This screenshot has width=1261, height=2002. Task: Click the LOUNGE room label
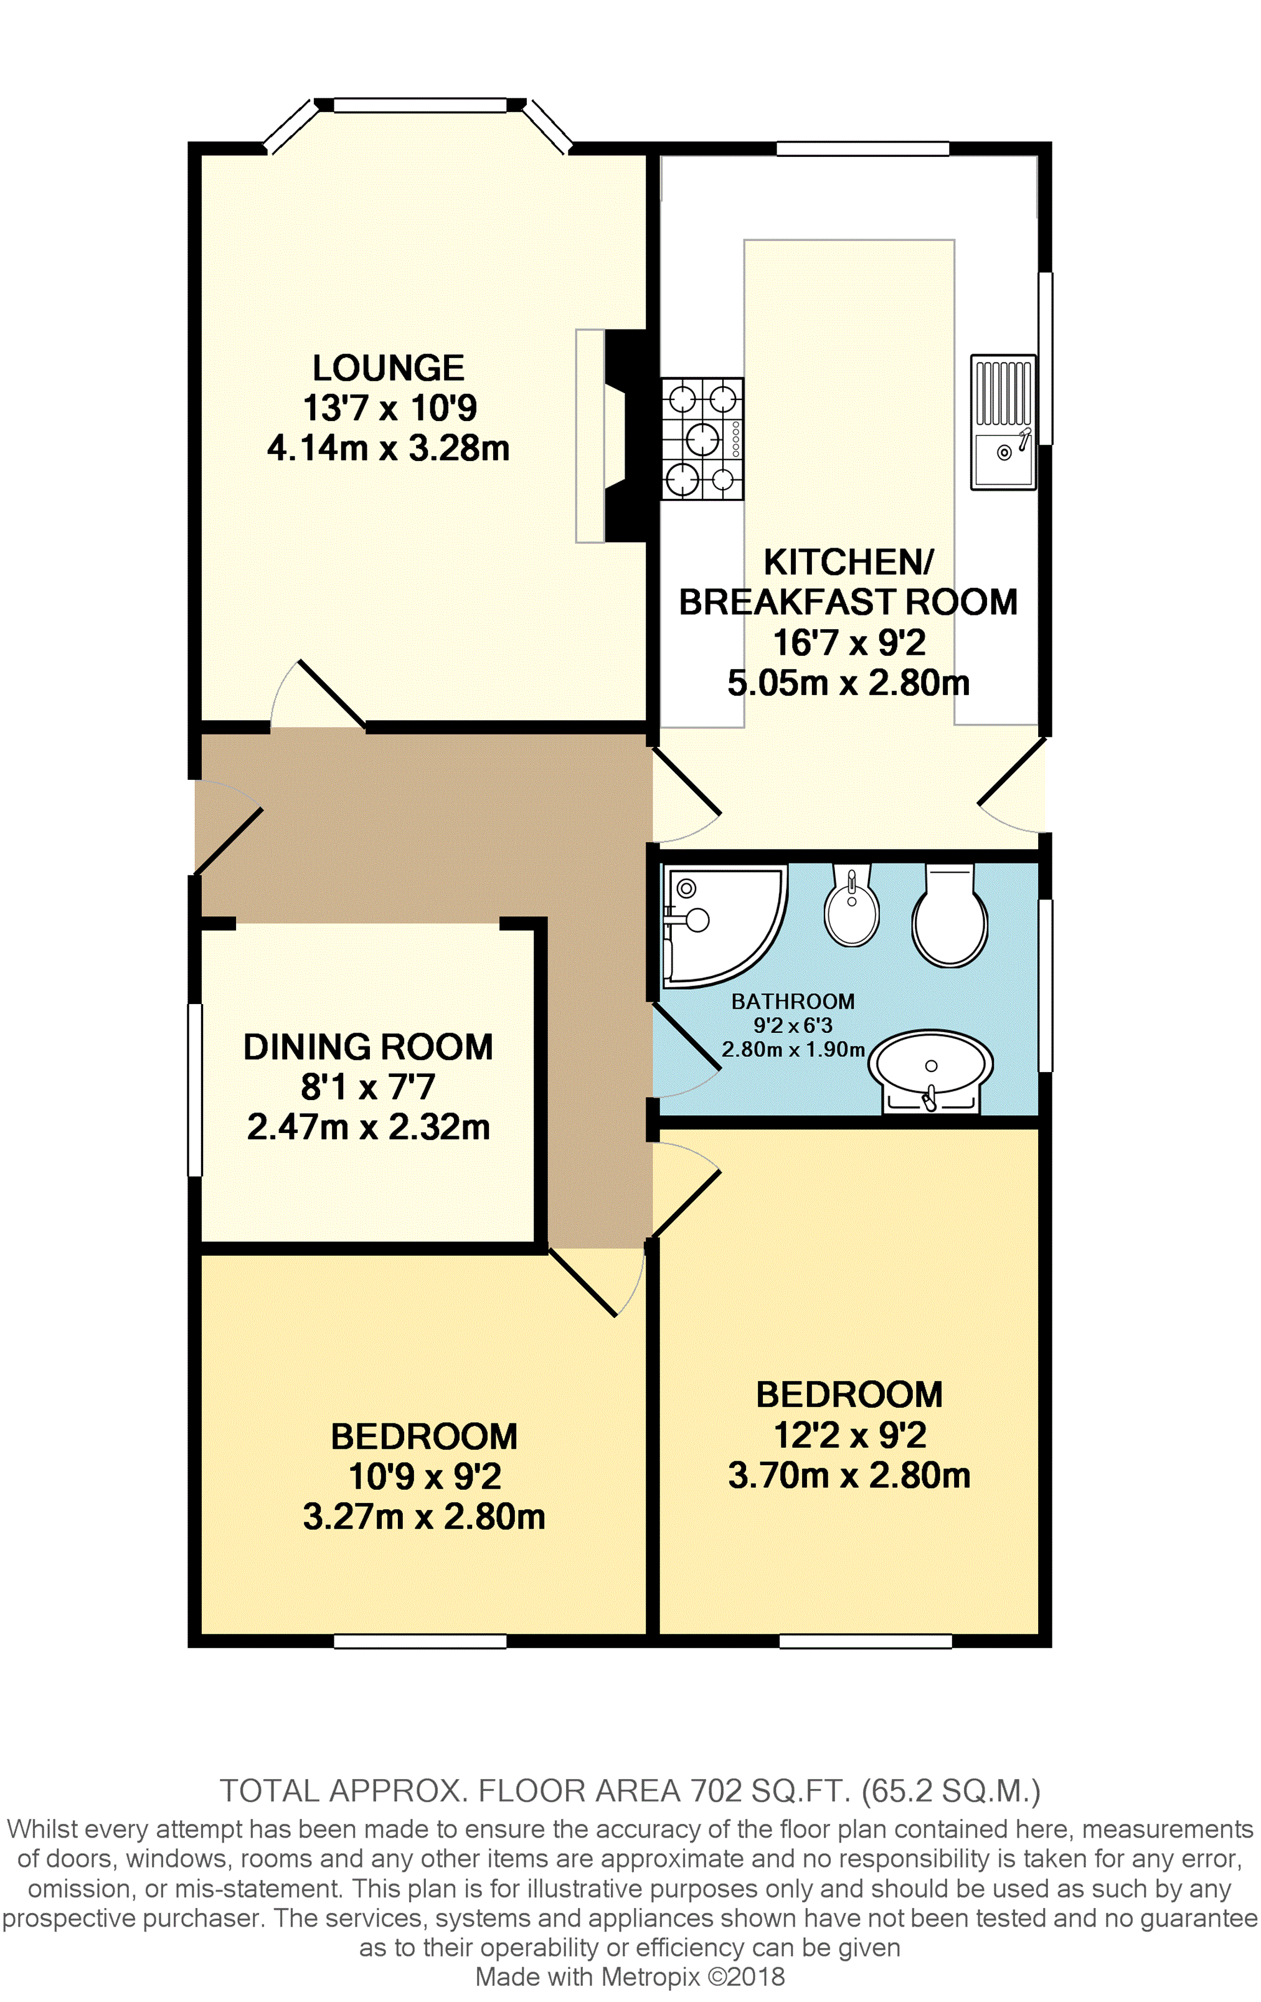click(x=387, y=368)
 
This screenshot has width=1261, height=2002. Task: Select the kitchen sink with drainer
click(x=1003, y=422)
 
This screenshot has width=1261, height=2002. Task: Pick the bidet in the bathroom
click(x=851, y=904)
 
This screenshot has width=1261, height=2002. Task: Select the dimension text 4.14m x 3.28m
click(x=387, y=448)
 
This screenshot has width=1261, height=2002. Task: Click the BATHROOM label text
click(x=793, y=1001)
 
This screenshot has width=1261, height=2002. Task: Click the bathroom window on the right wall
click(x=1046, y=985)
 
